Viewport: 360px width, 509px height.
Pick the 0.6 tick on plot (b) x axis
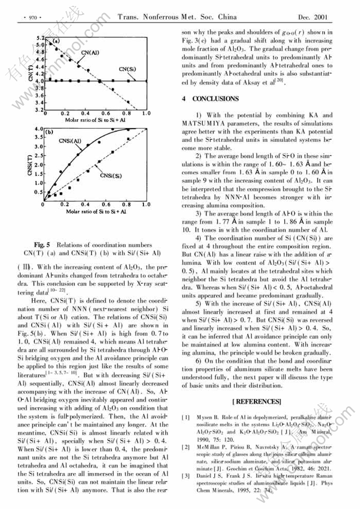(x=106, y=204)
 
